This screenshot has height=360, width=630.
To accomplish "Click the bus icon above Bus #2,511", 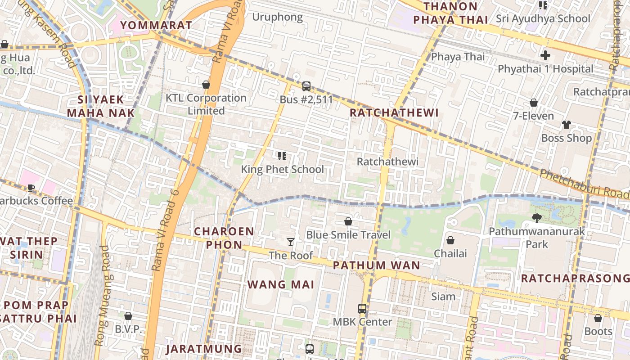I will coord(306,86).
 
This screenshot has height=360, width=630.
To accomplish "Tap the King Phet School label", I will coord(282,169).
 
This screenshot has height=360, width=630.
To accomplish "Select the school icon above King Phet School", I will coord(282,156).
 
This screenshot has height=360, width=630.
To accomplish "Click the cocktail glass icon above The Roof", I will coord(291,242).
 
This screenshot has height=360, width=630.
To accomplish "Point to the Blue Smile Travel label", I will coord(348,235).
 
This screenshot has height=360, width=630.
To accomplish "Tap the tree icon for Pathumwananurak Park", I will coord(536,218).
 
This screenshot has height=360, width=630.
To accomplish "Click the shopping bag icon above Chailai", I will coord(450,240).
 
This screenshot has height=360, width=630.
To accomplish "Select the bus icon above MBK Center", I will coord(362,309).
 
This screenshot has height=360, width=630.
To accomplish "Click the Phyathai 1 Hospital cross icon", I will coord(545,56).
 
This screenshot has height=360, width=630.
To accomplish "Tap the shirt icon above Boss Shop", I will coord(566,125).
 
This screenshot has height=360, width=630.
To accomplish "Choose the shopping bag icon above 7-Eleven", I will coord(534,103).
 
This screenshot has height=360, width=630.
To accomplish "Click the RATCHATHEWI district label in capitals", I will coord(394,112).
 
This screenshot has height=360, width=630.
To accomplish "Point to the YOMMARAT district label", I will coord(156,25).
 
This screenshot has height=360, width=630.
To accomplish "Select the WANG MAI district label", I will coord(281,284).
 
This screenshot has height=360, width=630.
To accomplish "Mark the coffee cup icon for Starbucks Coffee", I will coord(31,188).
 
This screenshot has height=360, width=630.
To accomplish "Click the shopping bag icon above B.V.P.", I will coord(128,316).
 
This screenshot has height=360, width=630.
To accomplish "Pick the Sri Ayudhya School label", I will coord(543,18).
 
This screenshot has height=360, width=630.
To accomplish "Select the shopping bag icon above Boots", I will coord(598,319).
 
